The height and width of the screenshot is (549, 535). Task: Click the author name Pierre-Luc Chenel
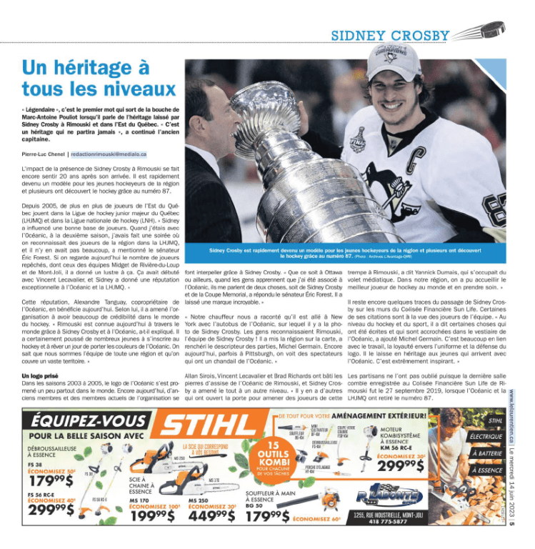(44, 153)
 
